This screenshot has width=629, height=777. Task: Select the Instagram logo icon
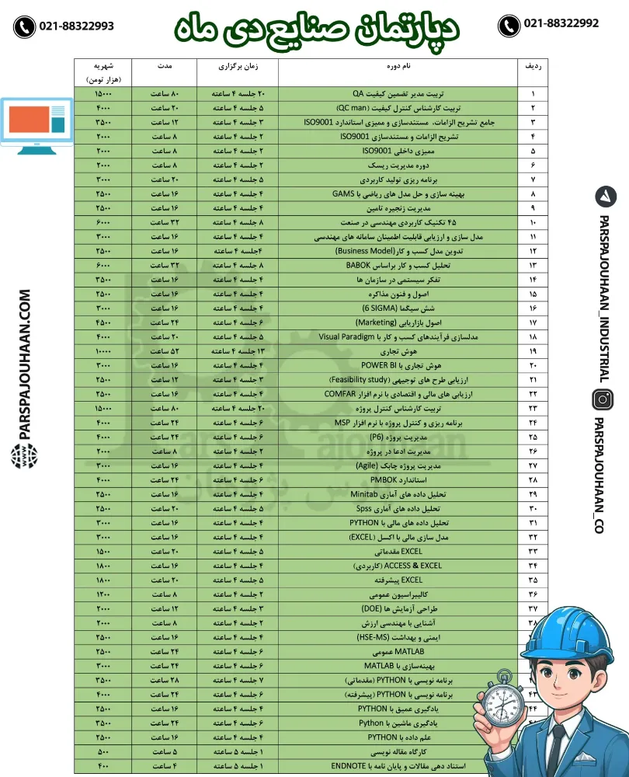(x=603, y=399)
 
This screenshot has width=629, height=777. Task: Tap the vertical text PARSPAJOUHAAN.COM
(x=24, y=366)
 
